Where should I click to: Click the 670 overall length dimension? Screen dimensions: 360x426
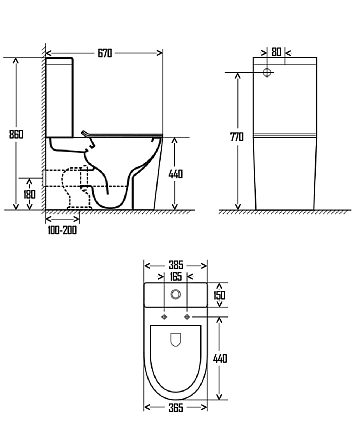coord(105,53)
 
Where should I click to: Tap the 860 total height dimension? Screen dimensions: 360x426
coord(16,134)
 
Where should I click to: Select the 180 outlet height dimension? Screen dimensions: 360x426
coord(29,194)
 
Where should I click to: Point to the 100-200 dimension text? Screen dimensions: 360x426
coord(62,230)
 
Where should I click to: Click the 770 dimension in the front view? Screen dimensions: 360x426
coord(237,137)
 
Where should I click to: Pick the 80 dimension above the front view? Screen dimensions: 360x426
coord(276,52)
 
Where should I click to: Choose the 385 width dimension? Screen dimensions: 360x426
coord(176,265)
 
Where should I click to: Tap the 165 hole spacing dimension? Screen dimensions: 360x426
coord(176,277)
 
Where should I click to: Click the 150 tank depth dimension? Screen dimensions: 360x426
coord(220,295)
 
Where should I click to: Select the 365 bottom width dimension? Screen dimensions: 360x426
coord(176,407)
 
